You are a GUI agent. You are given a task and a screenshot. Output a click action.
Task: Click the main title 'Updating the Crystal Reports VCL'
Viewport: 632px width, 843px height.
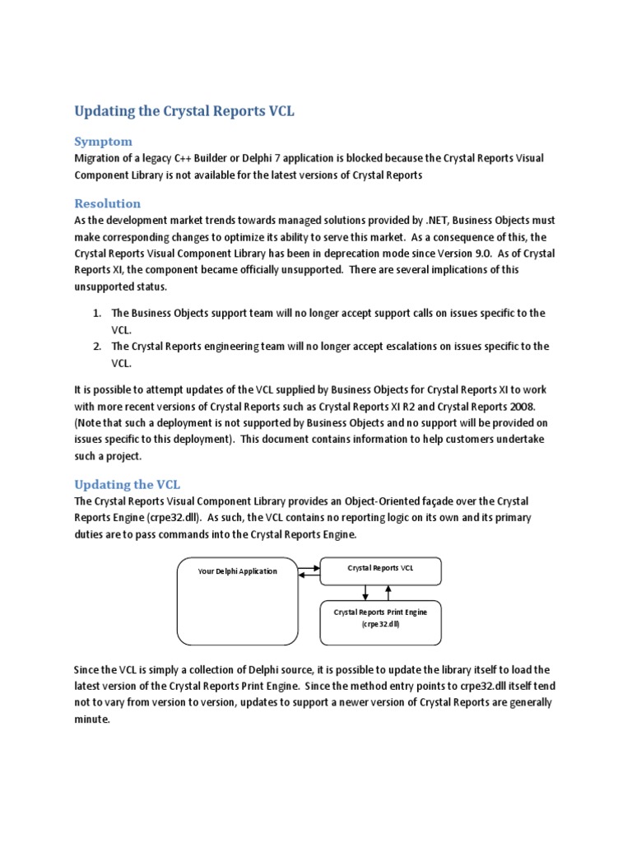click(184, 111)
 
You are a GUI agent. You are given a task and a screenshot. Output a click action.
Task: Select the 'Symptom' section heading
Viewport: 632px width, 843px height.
click(103, 141)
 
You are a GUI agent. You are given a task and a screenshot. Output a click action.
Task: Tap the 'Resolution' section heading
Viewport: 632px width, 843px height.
click(108, 203)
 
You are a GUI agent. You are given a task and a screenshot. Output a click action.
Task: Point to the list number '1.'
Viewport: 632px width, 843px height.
click(96, 313)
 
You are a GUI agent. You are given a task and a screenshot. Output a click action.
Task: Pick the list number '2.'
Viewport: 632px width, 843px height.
click(96, 346)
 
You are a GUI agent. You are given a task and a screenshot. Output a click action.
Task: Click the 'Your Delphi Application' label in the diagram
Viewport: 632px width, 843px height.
click(238, 571)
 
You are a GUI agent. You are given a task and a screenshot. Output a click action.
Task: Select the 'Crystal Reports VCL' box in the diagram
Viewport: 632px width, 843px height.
click(380, 568)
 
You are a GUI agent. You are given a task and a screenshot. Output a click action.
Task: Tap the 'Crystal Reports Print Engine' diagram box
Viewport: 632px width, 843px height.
click(380, 618)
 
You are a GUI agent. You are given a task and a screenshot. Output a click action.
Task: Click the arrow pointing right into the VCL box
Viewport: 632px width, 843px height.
click(309, 567)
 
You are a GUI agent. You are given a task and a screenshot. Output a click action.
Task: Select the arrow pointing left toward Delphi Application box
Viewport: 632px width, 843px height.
click(309, 575)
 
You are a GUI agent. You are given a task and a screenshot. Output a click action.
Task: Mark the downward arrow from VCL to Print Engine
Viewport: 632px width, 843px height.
click(365, 593)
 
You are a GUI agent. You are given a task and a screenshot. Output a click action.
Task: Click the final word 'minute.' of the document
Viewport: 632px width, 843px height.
click(91, 719)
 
